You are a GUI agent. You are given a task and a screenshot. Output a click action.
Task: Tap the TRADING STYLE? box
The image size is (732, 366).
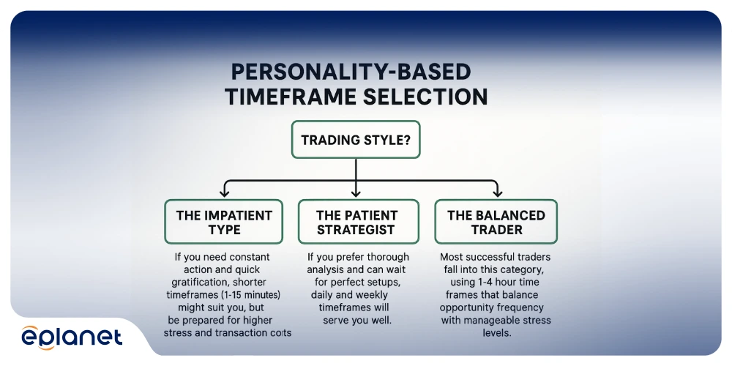coord(356,139)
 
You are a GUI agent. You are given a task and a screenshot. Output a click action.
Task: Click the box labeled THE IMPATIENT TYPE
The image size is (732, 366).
coord(224,222)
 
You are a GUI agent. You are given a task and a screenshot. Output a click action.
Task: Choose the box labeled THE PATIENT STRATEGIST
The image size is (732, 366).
coord(356,222)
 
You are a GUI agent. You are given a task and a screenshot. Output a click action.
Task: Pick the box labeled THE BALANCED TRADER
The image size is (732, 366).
coord(496,222)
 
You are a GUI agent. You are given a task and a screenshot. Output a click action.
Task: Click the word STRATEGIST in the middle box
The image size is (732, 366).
coord(356,229)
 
